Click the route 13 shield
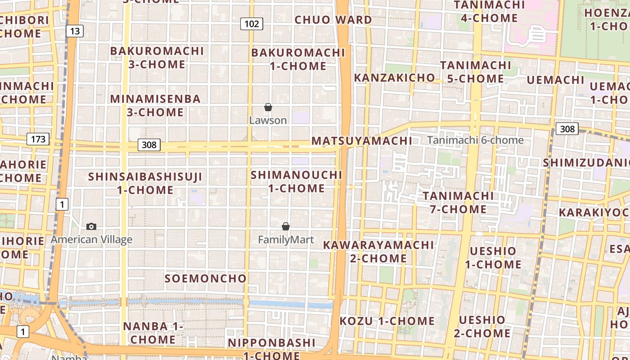pos(75,31)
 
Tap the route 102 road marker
pos(251,23)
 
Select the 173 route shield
pos(38,139)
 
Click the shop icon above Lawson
pos(268,107)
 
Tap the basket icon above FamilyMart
pos(285,226)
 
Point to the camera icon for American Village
pos(91,226)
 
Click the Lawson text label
pos(268,121)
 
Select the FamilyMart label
pos(286,240)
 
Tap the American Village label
pos(91,239)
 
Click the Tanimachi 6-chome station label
pos(475,140)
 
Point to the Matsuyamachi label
pos(362,141)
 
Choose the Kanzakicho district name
pos(395,77)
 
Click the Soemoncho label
pos(206,279)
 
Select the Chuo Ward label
pos(333,20)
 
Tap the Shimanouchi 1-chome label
pos(297,181)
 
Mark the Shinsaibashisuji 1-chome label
pos(145,183)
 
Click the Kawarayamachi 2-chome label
pos(378,252)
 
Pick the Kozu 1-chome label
pos(387,321)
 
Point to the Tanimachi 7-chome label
pos(458,202)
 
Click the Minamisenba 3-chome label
pos(155,105)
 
